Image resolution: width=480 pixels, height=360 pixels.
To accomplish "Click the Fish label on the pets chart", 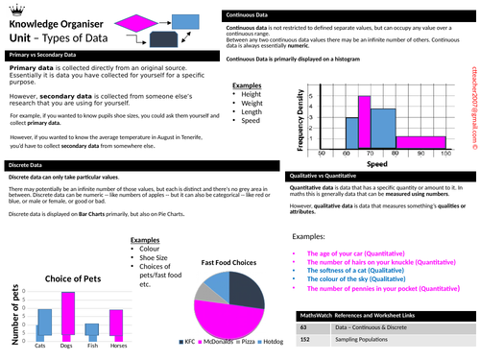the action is coord(93,345).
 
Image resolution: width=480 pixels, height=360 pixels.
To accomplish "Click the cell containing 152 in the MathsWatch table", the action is coord(305,340).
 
